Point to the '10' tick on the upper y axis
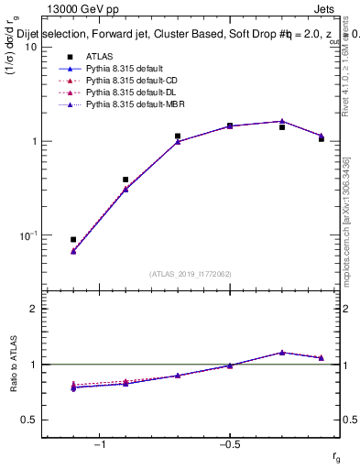point(29,48)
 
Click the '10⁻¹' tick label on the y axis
point(27,235)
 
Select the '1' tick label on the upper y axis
point(34,142)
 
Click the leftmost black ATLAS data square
point(73,239)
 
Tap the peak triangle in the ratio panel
point(282,352)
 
